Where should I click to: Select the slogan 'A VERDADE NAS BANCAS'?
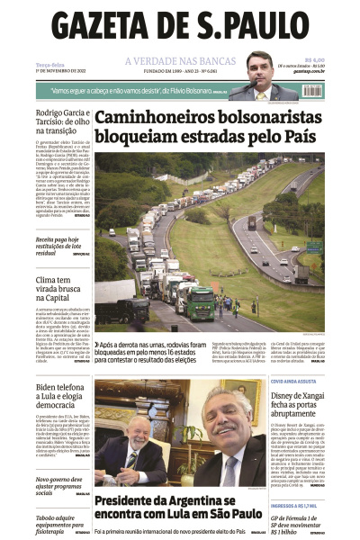point(179,61)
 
